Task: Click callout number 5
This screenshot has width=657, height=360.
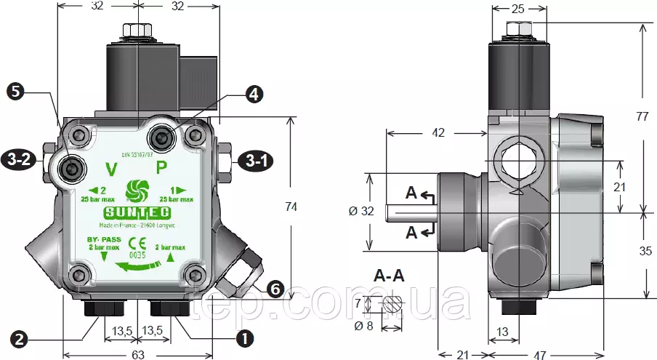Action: click(17, 92)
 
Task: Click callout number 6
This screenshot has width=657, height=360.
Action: click(275, 289)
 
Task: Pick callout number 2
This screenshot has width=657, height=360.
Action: click(20, 338)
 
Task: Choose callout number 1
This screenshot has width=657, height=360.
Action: click(245, 338)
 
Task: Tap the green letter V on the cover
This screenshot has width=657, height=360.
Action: click(111, 170)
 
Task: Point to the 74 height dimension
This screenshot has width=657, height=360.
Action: click(291, 207)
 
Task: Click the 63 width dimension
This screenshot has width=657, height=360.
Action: click(138, 354)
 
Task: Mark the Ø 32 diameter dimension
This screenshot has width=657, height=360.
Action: click(360, 212)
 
